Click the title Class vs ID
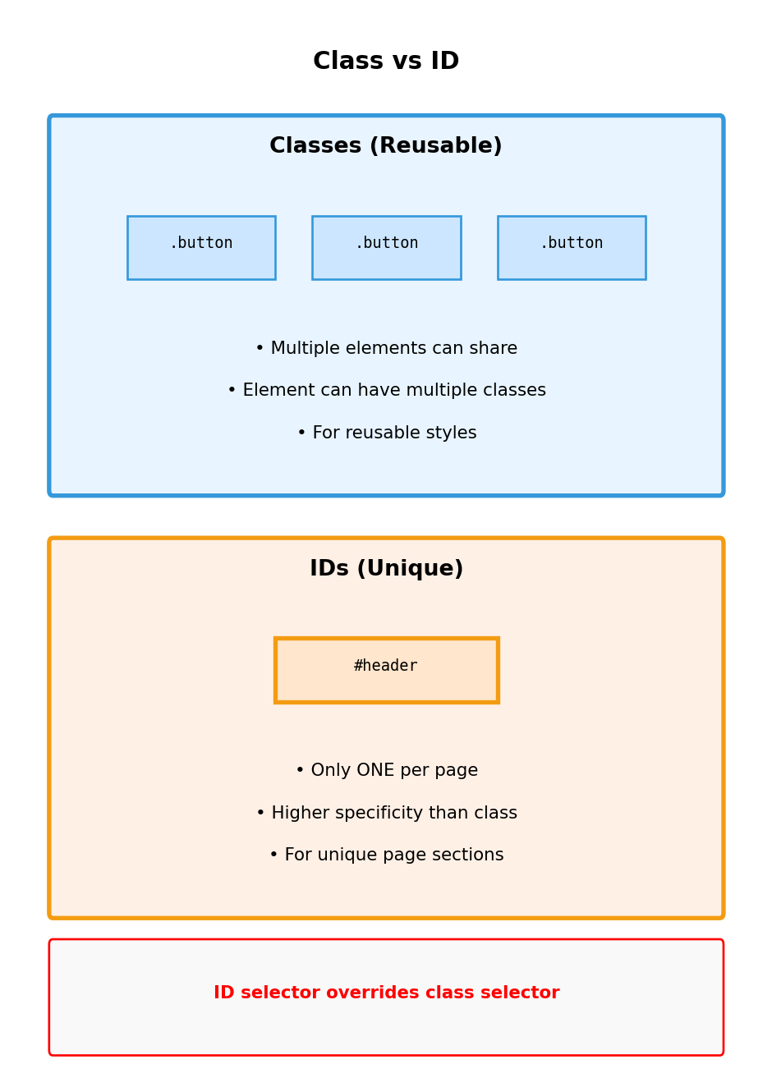[x=386, y=62]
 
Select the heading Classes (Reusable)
[x=386, y=146]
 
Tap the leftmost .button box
[x=201, y=247]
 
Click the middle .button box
[x=386, y=247]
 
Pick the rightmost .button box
[x=572, y=247]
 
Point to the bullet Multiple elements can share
[x=386, y=349]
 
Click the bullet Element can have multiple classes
[x=386, y=391]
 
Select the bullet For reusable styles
[x=386, y=433]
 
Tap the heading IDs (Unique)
[x=386, y=569]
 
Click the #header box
[x=386, y=670]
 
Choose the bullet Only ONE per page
[x=386, y=771]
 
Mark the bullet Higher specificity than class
[x=386, y=814]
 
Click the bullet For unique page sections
[x=386, y=855]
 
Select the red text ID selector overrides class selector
[x=386, y=993]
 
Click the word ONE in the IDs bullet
[x=374, y=771]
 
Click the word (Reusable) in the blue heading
[x=435, y=146]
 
